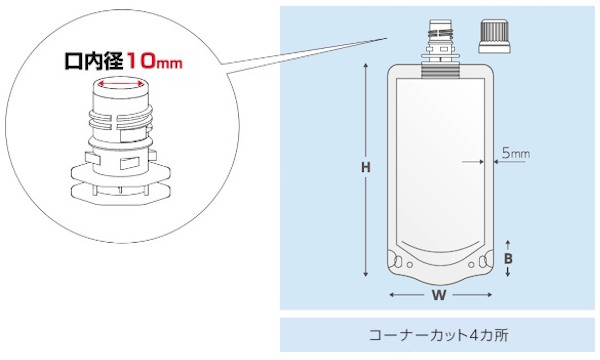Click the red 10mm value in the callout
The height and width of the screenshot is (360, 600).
[x=154, y=62]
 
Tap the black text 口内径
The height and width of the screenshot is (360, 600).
[x=93, y=62]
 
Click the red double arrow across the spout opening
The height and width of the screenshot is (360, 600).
[x=120, y=83]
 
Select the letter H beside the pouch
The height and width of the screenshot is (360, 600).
[x=366, y=167]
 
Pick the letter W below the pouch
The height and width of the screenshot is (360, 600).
[x=439, y=295]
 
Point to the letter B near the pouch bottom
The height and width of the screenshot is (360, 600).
[x=508, y=259]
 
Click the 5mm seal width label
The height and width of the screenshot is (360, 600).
[x=516, y=153]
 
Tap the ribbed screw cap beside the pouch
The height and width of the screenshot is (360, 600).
[x=494, y=37]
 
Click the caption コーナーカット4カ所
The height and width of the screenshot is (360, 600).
[x=439, y=335]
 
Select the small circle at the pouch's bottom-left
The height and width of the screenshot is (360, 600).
[x=410, y=265]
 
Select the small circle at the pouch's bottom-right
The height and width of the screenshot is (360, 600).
[x=471, y=265]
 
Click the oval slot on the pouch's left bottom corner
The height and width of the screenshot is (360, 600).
[x=398, y=262]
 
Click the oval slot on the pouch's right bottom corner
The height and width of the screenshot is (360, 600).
[x=483, y=262]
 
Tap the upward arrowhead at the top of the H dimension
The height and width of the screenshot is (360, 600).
[x=366, y=66]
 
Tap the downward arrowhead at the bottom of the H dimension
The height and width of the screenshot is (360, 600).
[x=366, y=274]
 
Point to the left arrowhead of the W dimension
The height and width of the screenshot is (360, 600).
[x=392, y=295]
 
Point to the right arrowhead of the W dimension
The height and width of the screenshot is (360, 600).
[x=489, y=295]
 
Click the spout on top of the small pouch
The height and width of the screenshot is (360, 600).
[x=440, y=49]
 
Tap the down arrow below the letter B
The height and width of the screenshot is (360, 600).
[x=508, y=272]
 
